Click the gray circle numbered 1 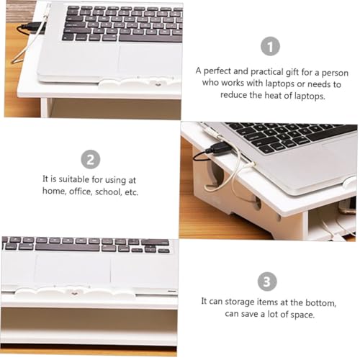pyautogui.click(x=270, y=46)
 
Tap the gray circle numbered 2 pyautogui.click(x=91, y=159)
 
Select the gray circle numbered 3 pyautogui.click(x=267, y=282)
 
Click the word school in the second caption pyautogui.click(x=109, y=192)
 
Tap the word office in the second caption pyautogui.click(x=81, y=192)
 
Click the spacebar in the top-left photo pyautogui.click(x=150, y=38)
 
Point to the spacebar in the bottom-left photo pyautogui.click(x=68, y=248)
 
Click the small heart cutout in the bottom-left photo pyautogui.click(x=75, y=294)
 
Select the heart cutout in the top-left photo pyautogui.click(x=158, y=85)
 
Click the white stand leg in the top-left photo pyautogui.click(x=46, y=107)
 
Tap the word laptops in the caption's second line pyautogui.click(x=280, y=84)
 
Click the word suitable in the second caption pyautogui.click(x=73, y=179)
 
